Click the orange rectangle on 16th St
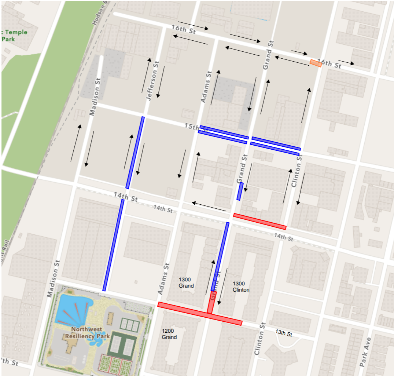pos(316,63)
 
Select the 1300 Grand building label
pos(186,282)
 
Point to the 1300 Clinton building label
pos(241,286)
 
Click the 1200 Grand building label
pos(169,334)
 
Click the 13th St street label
pos(284,333)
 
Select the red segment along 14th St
pos(259,222)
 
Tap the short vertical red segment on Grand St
pos(211,303)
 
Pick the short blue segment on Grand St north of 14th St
pos(239,191)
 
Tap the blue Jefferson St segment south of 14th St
pos(113,245)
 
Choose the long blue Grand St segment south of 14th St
pos(220,256)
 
